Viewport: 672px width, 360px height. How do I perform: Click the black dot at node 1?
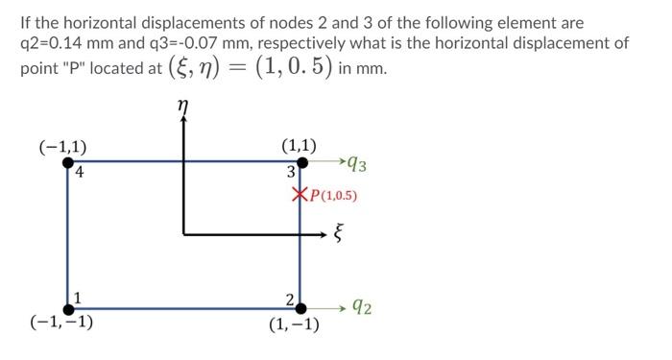(x=69, y=308)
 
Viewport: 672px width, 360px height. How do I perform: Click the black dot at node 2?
(x=300, y=308)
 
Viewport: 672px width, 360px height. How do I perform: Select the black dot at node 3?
(x=301, y=162)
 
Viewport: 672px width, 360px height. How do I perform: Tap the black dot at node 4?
(x=68, y=162)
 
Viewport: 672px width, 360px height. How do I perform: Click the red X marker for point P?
(x=299, y=196)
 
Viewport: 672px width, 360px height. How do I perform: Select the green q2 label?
(x=362, y=308)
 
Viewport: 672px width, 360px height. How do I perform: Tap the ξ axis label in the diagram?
(x=338, y=233)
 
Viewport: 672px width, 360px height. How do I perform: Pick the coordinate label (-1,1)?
(x=62, y=146)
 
